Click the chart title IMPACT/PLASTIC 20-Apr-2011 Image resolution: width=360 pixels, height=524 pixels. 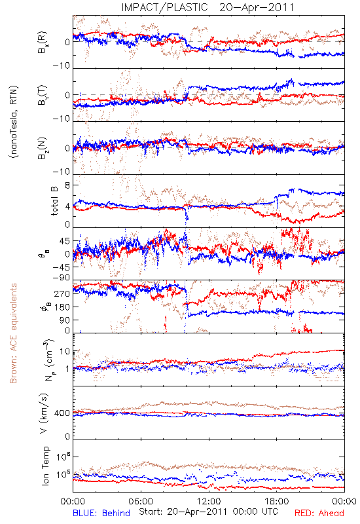(x=207, y=7)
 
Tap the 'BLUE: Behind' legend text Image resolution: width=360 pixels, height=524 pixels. (x=101, y=513)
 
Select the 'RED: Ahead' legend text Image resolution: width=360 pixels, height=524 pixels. (x=319, y=513)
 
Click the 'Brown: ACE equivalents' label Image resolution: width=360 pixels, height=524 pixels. (x=13, y=333)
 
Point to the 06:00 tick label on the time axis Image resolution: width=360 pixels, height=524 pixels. (x=141, y=501)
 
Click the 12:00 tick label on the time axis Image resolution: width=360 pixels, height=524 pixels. (x=209, y=501)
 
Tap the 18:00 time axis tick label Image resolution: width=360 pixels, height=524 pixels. (x=277, y=501)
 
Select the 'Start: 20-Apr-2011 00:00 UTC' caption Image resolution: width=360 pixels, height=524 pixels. (x=208, y=512)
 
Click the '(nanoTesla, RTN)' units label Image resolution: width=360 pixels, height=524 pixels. (x=14, y=121)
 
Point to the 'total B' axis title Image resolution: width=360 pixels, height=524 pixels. (x=54, y=201)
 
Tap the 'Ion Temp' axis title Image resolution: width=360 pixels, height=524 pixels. (x=45, y=466)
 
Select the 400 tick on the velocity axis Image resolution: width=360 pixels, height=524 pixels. (x=62, y=413)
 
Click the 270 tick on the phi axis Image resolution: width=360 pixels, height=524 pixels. (x=62, y=293)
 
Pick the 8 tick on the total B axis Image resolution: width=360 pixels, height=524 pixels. (x=67, y=185)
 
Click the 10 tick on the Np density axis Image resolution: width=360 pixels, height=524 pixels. (x=65, y=352)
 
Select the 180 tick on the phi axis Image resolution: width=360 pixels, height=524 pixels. (x=62, y=307)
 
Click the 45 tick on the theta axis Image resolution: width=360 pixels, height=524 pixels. (x=65, y=241)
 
